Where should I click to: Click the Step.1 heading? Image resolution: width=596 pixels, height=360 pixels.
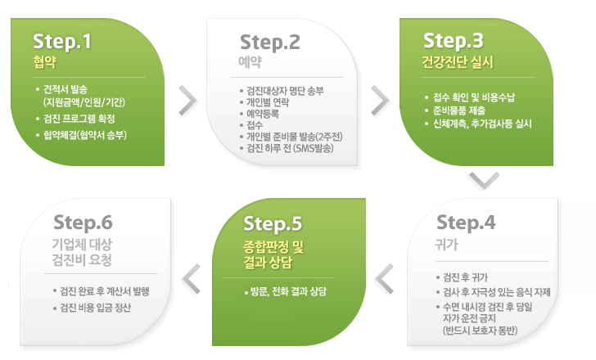coord(62,43)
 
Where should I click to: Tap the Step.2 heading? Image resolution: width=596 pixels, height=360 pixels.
coord(270,43)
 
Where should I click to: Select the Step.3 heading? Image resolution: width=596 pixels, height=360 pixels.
coord(453,41)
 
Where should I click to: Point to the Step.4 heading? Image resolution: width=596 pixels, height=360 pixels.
coord(466,223)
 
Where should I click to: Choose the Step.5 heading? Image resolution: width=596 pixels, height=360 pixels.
coord(273,223)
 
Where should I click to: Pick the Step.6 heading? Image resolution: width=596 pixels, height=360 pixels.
coord(83,223)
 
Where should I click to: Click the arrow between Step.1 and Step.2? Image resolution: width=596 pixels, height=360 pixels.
coord(188,101)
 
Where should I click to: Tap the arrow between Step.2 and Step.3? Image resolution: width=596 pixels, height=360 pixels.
coord(381,101)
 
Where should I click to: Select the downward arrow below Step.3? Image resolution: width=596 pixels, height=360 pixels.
coord(485,181)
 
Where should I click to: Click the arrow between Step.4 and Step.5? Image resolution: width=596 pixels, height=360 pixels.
coord(384,279)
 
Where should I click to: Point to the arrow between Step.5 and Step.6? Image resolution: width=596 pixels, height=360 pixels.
coord(192,279)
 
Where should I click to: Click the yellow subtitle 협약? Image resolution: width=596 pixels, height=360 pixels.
coord(45,62)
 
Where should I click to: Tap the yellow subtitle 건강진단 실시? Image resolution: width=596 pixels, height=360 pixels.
coord(458,62)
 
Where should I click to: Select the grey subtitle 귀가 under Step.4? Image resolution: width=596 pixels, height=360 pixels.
coord(447,245)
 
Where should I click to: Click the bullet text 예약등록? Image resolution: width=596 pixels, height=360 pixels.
coord(263,114)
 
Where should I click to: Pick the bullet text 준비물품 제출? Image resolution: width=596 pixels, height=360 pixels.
coord(459,110)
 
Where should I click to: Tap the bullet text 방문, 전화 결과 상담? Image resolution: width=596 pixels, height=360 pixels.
coord(288,291)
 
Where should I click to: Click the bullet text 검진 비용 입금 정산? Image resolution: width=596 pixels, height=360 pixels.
coord(96,308)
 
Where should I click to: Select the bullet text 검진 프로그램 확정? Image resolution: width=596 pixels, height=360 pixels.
coord(79,119)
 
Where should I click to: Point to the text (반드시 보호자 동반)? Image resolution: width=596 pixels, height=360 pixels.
coord(480,331)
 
